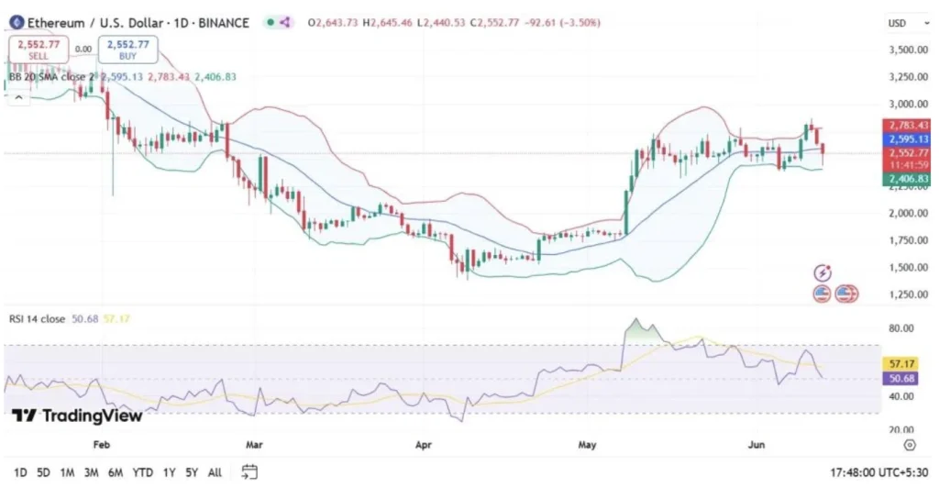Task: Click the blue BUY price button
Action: point(131,49)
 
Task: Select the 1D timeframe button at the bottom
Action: point(19,472)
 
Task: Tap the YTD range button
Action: point(142,472)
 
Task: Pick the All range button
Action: point(215,472)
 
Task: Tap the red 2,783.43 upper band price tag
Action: point(905,125)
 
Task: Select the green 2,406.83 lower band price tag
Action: point(905,179)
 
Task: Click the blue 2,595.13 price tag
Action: point(905,139)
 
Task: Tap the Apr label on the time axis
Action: point(423,445)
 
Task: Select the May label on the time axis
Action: point(588,445)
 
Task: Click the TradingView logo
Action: point(78,416)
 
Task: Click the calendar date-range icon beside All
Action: point(249,472)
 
